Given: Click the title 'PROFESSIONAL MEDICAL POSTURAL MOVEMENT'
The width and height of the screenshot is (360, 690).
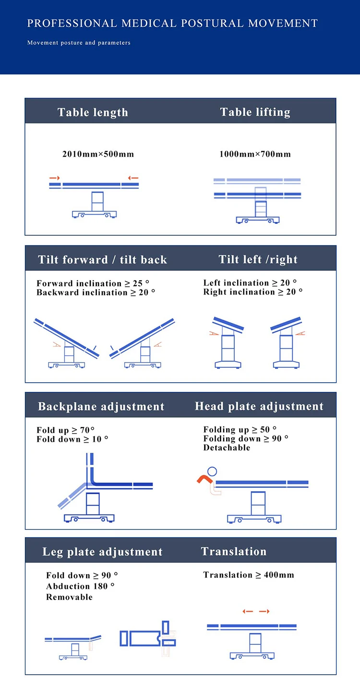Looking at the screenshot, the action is click(x=172, y=24).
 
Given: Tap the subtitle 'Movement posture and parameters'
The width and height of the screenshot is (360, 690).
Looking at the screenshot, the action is click(x=79, y=43).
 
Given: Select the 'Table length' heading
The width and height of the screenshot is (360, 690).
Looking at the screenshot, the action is click(x=93, y=112).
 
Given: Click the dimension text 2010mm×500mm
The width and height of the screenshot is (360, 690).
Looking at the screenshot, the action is click(x=98, y=154).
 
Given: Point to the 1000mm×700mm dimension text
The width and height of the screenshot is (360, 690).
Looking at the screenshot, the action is click(x=255, y=154).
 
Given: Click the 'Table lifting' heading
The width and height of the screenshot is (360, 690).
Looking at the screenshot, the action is click(x=255, y=112).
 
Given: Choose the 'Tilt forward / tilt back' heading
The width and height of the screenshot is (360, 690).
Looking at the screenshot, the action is click(x=103, y=260).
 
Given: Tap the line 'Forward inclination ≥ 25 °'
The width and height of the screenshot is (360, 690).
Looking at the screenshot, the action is click(x=93, y=283).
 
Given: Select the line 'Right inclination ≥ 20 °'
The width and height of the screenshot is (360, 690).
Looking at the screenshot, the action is click(x=253, y=292).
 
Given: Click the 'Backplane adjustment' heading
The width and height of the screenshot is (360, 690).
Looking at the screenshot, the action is click(x=101, y=407).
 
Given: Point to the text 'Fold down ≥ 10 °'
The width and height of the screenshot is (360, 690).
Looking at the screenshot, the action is click(x=72, y=439).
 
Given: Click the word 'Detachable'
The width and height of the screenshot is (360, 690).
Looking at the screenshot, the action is click(x=227, y=448).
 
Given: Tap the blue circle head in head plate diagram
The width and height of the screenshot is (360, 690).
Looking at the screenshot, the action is click(x=212, y=472).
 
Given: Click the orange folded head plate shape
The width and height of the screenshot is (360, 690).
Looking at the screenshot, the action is click(x=204, y=478).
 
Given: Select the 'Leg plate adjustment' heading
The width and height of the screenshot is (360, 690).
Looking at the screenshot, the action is click(x=103, y=552).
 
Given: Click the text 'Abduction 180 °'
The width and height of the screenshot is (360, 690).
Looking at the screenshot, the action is click(x=80, y=586).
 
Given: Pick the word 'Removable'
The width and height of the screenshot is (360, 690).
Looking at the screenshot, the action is click(x=69, y=597).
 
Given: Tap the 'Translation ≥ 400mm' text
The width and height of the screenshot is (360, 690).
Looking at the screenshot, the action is click(x=249, y=575).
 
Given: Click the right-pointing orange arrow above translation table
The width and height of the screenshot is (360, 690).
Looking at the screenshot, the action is click(x=264, y=611).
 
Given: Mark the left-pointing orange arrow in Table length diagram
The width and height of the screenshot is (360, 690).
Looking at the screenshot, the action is click(x=133, y=178).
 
